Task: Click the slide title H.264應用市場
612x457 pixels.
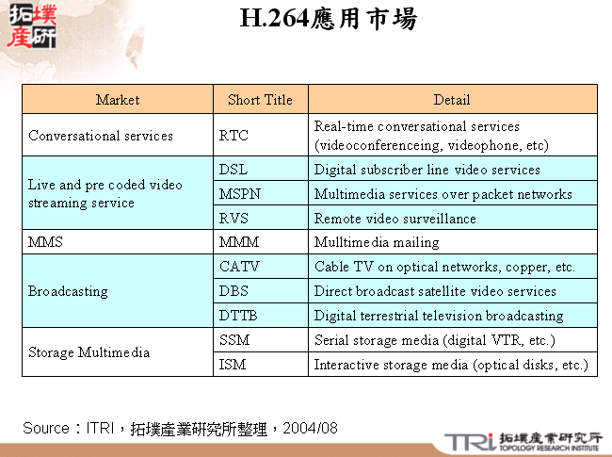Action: click(329, 20)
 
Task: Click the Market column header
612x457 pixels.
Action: click(118, 100)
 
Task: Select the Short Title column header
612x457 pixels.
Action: click(260, 100)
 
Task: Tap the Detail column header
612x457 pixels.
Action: click(452, 100)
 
